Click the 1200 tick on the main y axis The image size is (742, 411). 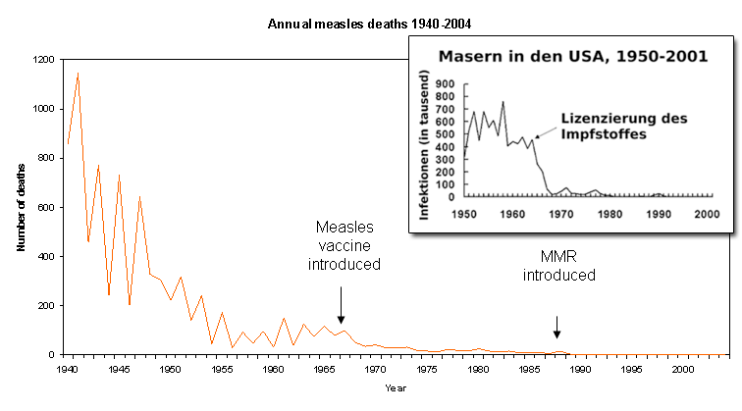click(46, 60)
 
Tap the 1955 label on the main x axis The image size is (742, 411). click(221, 370)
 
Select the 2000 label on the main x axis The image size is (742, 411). click(684, 370)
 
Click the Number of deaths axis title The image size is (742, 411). click(20, 207)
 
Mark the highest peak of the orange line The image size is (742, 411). click(78, 73)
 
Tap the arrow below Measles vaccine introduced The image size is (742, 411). click(341, 305)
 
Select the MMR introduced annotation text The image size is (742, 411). click(558, 266)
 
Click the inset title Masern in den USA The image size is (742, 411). click(573, 56)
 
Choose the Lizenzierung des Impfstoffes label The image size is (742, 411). click(624, 126)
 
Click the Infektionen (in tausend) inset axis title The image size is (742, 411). click(426, 143)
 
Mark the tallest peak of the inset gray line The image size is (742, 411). click(503, 102)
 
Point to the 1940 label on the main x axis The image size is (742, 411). click(67, 370)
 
